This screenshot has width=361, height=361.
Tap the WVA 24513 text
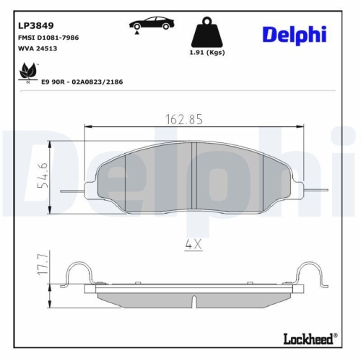pyautogui.click(x=38, y=49)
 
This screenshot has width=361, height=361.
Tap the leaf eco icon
pyautogui.click(x=29, y=71)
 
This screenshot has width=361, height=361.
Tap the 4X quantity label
pyautogui.click(x=193, y=244)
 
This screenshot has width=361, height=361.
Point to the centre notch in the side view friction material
pyautogui.click(x=193, y=298)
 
